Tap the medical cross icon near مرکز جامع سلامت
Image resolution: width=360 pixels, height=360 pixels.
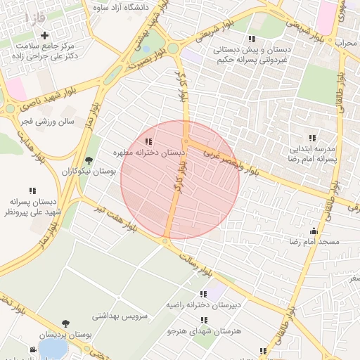pyautogui.click(x=45, y=35)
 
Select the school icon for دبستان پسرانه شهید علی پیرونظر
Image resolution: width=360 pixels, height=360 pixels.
pyautogui.click(x=32, y=191)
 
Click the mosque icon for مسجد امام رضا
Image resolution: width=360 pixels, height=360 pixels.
pyautogui.click(x=314, y=231)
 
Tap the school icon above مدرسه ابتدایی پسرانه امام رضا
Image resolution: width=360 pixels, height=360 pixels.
pyautogui.click(x=311, y=138)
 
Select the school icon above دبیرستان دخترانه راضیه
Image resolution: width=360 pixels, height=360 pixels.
pyautogui.click(x=203, y=295)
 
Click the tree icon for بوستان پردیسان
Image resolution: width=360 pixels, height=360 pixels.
pyautogui.click(x=65, y=323)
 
